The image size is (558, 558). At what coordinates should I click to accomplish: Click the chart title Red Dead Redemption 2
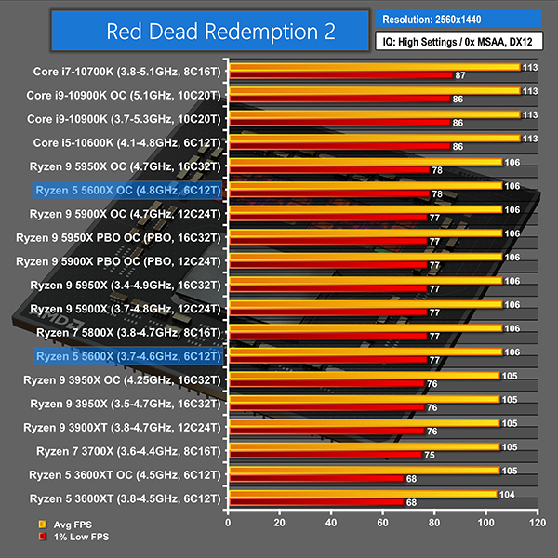pos(220,32)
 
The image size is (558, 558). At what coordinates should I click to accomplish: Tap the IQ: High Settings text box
pos(458,42)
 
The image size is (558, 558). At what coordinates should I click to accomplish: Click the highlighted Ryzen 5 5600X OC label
pos(127,190)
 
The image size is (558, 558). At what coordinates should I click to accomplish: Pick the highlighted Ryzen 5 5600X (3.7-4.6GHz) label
pos(127,355)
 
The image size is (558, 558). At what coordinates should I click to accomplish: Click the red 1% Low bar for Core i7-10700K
pos(339,74)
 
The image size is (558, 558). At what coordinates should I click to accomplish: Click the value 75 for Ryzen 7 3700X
pos(429,455)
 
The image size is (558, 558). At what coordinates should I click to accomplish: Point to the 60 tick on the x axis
pos(381,525)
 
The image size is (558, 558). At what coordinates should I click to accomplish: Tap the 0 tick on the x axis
pos(227,525)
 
